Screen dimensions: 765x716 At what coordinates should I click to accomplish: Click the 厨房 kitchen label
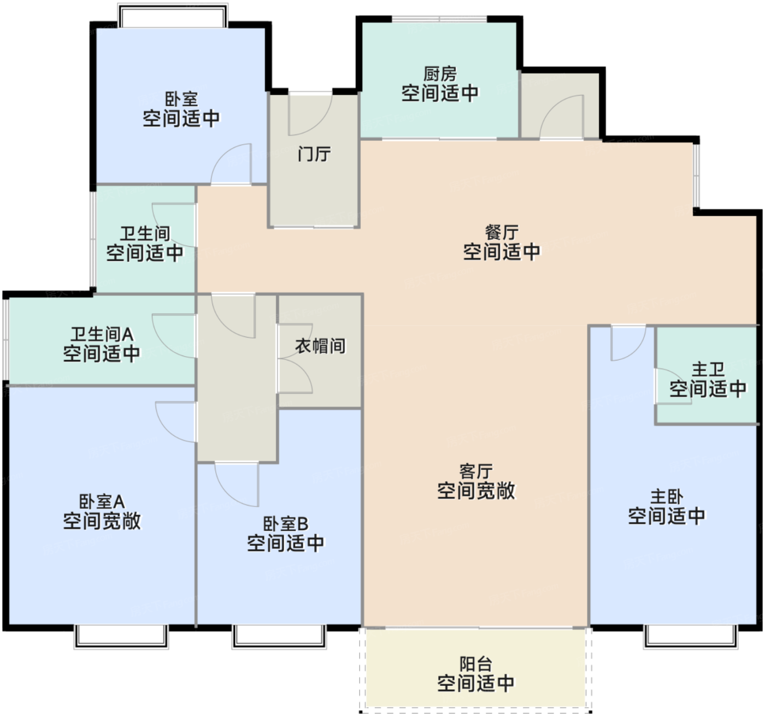tap(439, 74)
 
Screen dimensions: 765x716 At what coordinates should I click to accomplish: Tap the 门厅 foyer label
tap(314, 154)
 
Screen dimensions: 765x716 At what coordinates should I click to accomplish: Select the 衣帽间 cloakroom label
tap(320, 346)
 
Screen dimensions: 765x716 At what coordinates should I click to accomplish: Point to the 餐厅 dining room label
tap(501, 232)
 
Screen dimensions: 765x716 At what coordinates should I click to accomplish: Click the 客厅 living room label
tap(476, 471)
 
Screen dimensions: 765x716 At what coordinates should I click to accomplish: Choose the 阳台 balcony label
tap(476, 664)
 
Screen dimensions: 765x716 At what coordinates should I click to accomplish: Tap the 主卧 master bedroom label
tap(667, 496)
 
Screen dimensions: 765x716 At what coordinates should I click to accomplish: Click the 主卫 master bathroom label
tap(708, 369)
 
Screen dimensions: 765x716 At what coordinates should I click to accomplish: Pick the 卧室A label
tap(102, 501)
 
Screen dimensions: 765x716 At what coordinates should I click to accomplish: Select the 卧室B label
tap(285, 523)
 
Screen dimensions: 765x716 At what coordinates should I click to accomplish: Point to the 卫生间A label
tap(102, 334)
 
